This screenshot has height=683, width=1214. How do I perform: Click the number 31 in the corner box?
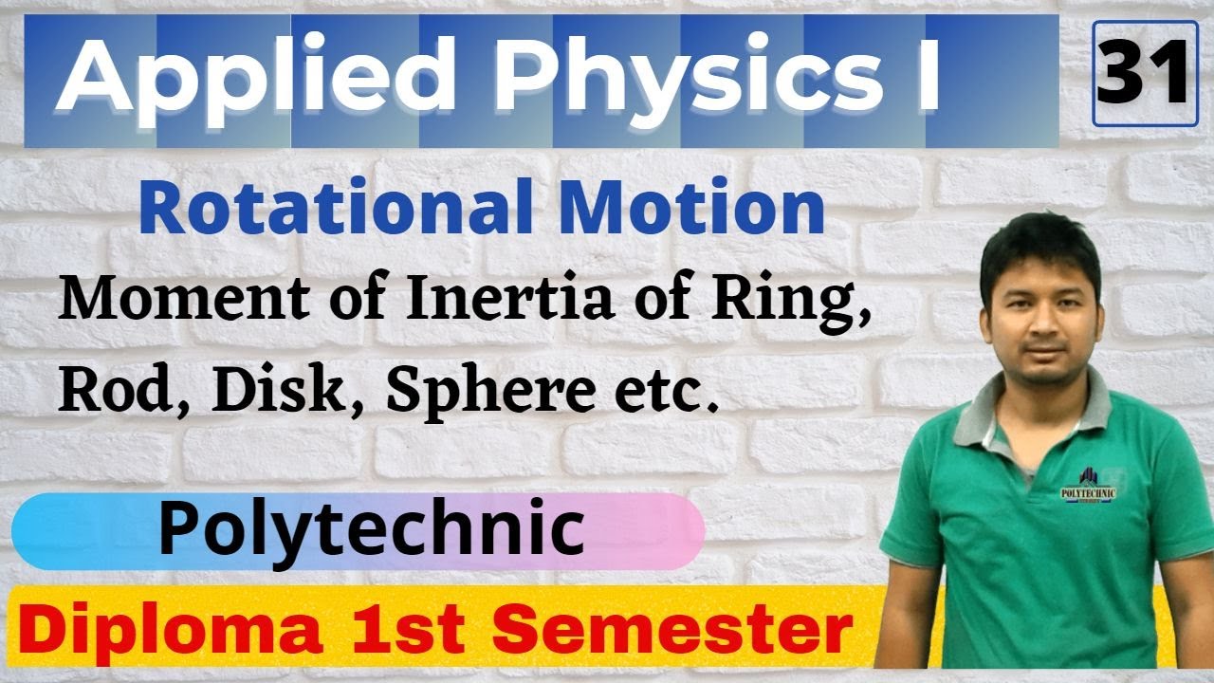[1141, 73]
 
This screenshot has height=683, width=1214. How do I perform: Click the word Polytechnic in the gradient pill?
[370, 530]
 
